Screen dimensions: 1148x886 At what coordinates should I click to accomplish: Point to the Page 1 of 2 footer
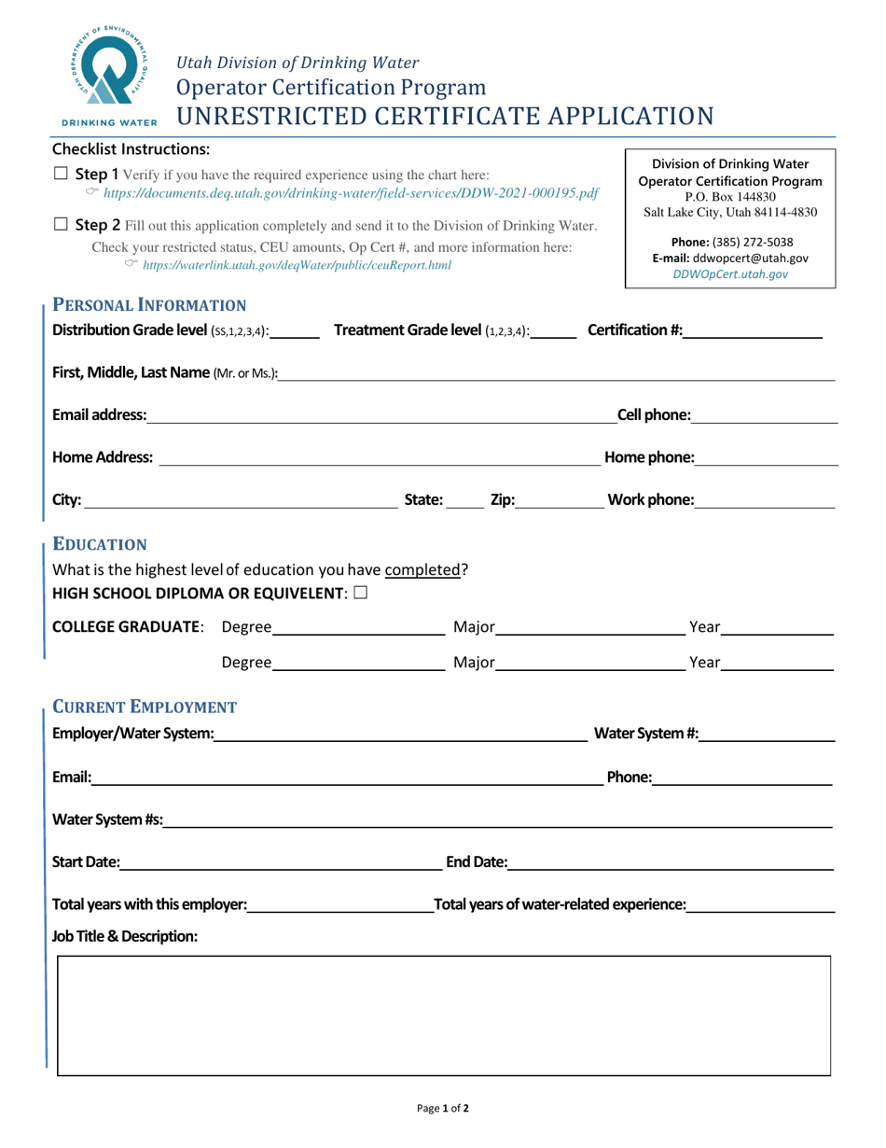tap(443, 1110)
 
